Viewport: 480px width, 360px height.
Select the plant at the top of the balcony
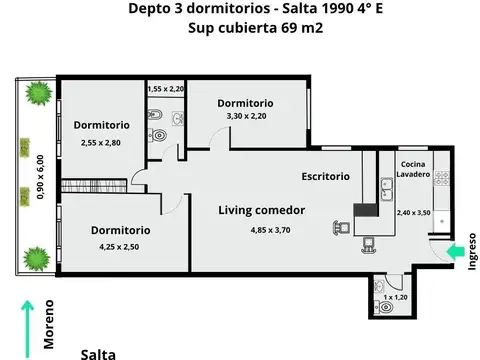[x=39, y=95]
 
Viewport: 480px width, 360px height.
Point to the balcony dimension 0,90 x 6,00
[x=41, y=178]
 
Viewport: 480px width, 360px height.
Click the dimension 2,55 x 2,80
[x=100, y=143]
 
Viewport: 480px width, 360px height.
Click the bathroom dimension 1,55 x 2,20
[x=166, y=89]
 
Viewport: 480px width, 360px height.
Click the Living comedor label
[x=262, y=209]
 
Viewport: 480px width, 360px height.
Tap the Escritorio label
[x=326, y=176]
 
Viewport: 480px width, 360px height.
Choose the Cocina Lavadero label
[x=414, y=169]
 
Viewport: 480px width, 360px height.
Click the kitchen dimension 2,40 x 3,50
[x=412, y=213]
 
